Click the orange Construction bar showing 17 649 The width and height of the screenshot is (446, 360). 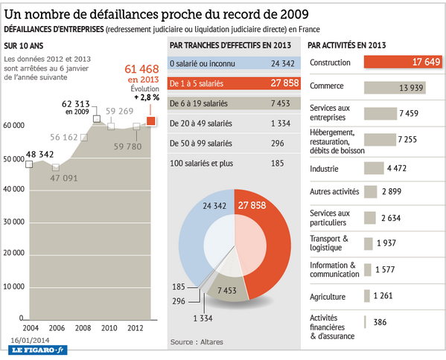pyautogui.click(x=399, y=62)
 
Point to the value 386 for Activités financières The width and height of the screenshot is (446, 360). pyautogui.click(x=380, y=322)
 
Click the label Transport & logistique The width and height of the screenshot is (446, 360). pyautogui.click(x=329, y=243)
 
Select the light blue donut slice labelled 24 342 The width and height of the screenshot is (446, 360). pyautogui.click(x=195, y=238)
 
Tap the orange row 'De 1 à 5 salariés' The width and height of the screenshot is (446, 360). pyautogui.click(x=234, y=83)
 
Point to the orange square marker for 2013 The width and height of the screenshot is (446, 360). pyautogui.click(x=151, y=120)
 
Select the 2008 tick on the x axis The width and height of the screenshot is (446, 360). pyautogui.click(x=83, y=327)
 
